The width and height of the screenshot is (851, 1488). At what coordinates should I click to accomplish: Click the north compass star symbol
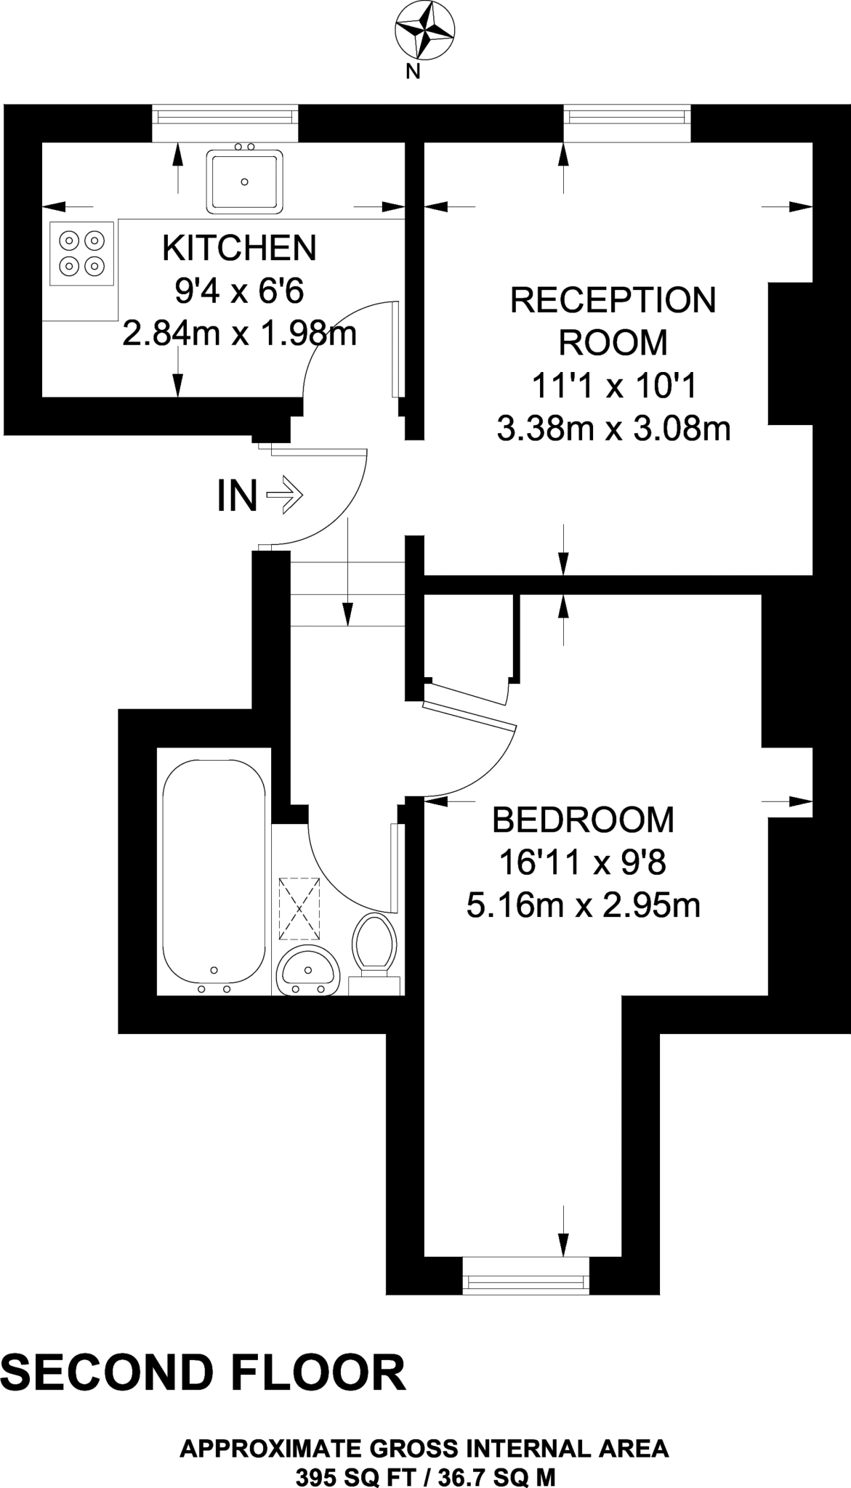424,31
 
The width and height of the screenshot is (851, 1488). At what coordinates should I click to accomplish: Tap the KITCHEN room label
239,248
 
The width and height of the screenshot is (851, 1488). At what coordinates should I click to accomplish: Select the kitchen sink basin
244,182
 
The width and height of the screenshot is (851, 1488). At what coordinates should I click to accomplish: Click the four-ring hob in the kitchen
81,253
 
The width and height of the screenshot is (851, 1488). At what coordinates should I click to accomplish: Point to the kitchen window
225,124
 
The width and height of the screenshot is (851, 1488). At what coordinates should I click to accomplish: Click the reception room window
626,124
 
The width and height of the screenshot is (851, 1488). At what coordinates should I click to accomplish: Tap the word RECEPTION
613,300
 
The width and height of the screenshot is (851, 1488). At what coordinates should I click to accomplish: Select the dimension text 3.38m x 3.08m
613,429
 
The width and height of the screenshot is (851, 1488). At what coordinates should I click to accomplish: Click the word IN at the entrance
237,497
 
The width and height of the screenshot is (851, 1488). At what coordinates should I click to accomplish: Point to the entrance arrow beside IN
284,496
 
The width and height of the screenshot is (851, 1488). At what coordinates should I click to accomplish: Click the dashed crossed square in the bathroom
299,909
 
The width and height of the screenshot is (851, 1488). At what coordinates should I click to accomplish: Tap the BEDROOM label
583,820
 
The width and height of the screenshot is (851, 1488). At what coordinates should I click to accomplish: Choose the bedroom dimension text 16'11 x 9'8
583,863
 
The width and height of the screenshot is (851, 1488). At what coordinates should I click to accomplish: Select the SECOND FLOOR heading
203,1374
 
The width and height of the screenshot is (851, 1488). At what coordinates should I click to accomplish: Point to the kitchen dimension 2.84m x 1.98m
239,335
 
